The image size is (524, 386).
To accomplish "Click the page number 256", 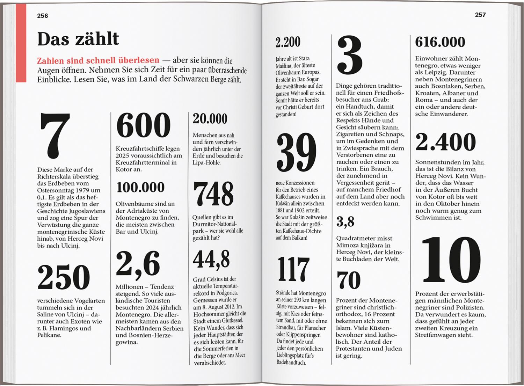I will tap(43, 16).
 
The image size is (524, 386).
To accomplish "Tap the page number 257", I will tap(480, 15).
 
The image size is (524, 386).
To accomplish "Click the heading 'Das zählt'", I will tap(78, 39).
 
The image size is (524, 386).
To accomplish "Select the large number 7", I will tap(55, 136).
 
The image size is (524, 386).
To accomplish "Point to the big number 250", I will tap(64, 277).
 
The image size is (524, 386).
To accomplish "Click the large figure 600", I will tap(143, 125).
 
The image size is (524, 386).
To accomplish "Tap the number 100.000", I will tap(140, 188).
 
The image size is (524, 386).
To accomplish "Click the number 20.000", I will tap(210, 119).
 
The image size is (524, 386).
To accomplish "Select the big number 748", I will tap(213, 194).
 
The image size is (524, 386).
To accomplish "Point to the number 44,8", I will tap(211, 259).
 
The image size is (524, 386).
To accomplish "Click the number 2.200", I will tap(288, 42).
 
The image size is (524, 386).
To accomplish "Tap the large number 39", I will tap(296, 152).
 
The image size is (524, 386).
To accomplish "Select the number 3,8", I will tap(345, 222).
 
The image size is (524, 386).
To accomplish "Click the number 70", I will tap(348, 280).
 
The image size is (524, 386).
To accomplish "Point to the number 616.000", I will tap(440, 42).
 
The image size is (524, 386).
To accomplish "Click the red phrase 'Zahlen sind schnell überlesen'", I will tap(98, 60).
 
